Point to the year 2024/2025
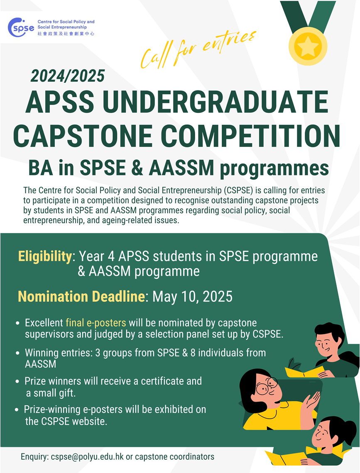pos(68,76)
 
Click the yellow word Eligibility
pos(45,256)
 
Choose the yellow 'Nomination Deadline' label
pos(81,297)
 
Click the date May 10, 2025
pos(192,297)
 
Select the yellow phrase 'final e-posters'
pos(96,323)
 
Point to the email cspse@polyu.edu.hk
pos(87,457)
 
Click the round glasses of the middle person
pos(266,387)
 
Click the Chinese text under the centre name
pos(66,34)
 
